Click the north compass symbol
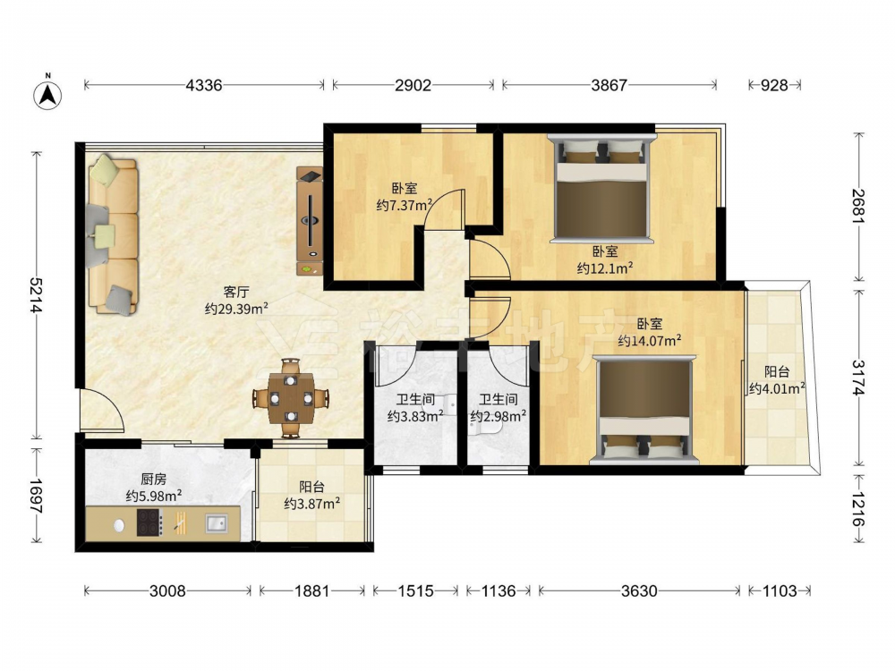48,93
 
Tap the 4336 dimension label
204,86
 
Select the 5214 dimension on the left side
37,295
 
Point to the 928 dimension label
774,86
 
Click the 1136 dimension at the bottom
499,590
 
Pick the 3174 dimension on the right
859,378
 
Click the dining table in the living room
291,398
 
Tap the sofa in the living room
113,234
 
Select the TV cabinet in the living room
310,221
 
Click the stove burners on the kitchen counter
149,522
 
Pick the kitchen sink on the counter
217,522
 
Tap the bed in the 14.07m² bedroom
644,409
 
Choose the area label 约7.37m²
404,205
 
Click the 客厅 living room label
236,293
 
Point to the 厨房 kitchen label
154,480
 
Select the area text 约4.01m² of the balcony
777,389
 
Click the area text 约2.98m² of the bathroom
498,417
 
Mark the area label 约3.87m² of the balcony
312,504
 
